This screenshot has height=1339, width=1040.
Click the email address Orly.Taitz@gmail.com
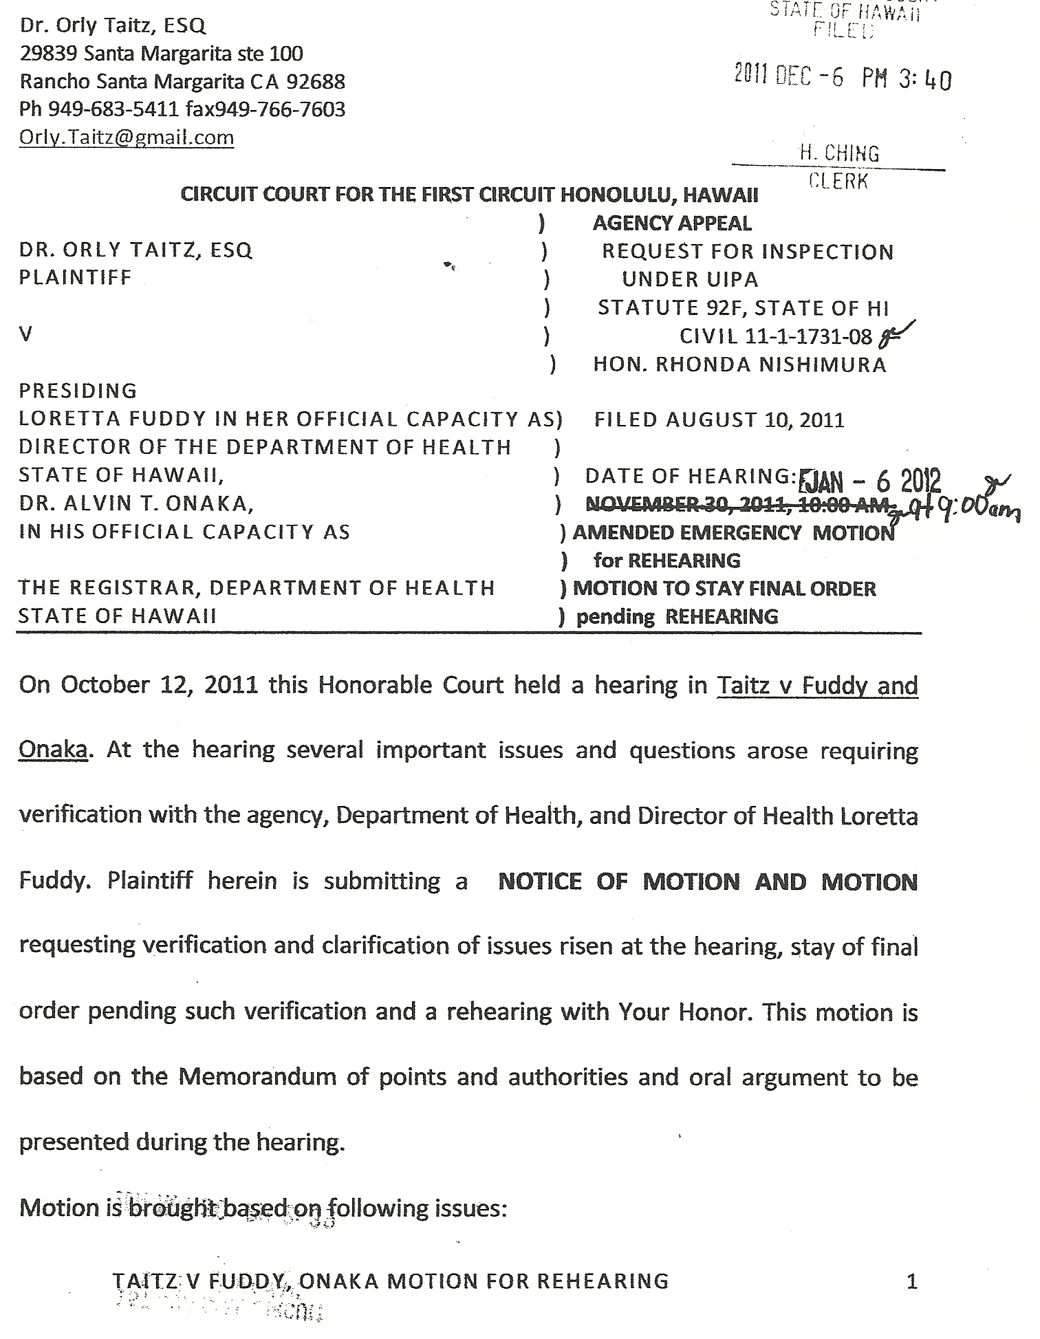(x=127, y=138)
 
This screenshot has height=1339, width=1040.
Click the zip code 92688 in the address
(x=316, y=82)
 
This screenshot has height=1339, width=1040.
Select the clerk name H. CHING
(x=838, y=153)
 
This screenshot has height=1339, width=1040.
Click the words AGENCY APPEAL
(x=672, y=223)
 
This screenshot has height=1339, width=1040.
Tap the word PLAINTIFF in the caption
(x=75, y=278)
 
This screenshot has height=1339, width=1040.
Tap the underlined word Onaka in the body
(x=53, y=749)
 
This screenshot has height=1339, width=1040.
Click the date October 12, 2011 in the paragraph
(x=160, y=685)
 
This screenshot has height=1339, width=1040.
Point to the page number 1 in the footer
(x=912, y=1281)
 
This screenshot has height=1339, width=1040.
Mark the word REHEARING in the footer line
(x=602, y=1281)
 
